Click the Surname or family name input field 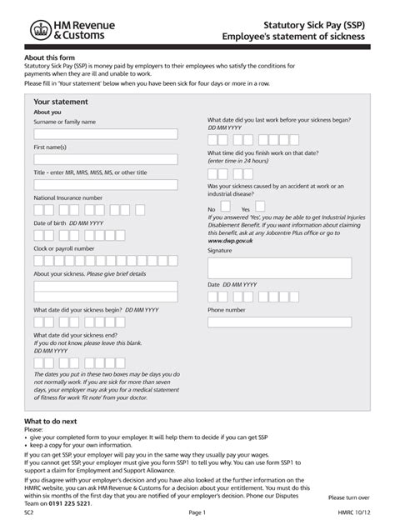(105, 134)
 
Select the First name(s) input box (105, 159)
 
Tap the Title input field (105, 185)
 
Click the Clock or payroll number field (105, 261)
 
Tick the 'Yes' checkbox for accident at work (257, 210)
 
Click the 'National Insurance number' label (68, 197)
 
